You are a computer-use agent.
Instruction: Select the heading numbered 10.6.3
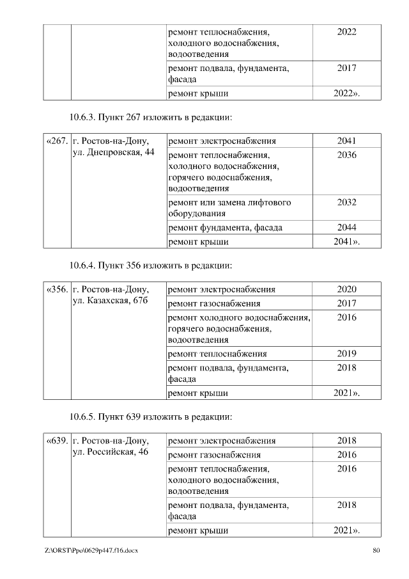(x=150, y=118)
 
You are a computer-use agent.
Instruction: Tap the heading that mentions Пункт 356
(x=150, y=265)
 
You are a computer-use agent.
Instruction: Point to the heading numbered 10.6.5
(x=150, y=416)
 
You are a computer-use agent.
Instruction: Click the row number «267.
(x=57, y=141)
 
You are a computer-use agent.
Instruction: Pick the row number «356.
(x=57, y=289)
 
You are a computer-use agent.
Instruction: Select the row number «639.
(x=57, y=441)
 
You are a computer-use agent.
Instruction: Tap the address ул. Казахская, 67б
(x=111, y=301)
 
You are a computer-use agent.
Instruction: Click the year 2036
(x=346, y=155)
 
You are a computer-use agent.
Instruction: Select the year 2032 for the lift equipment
(x=346, y=202)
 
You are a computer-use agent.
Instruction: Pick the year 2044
(x=346, y=227)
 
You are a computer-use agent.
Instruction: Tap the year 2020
(x=346, y=289)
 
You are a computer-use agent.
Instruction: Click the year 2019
(x=346, y=353)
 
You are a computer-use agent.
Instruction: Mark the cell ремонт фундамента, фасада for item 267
(x=224, y=227)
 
